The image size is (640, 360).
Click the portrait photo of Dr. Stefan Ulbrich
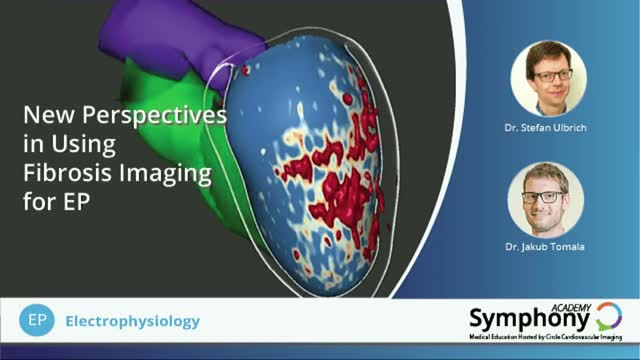[x=547, y=79]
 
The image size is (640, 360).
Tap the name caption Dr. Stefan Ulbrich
[x=547, y=128]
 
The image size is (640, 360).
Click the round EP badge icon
[x=34, y=321]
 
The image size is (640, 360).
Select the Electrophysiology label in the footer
[x=132, y=322]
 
